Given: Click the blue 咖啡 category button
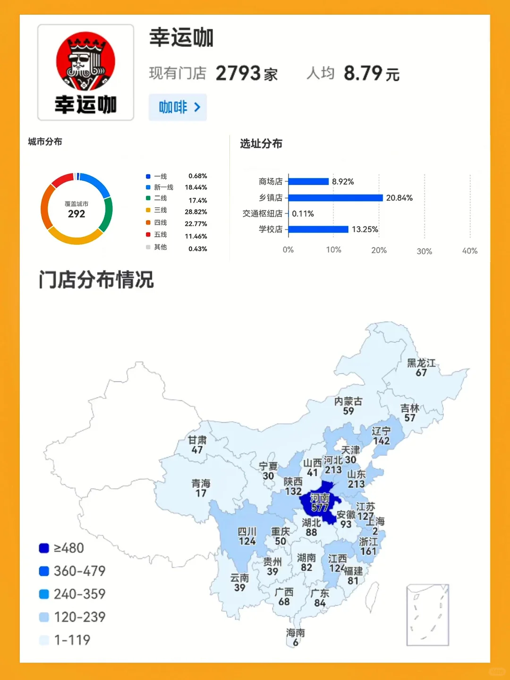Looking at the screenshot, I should [x=178, y=107].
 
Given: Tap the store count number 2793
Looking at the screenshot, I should [x=238, y=74].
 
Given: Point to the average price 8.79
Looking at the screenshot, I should [x=363, y=74].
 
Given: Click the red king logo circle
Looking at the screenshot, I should [x=85, y=61].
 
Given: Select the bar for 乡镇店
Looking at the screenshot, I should [x=335, y=198].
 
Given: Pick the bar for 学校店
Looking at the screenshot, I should [x=318, y=229].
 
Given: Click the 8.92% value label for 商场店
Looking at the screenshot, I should [x=343, y=182].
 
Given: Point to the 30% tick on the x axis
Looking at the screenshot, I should [x=424, y=251].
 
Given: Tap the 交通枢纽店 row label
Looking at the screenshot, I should [x=262, y=213].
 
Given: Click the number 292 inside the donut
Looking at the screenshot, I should [x=76, y=214].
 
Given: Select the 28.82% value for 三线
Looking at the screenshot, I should [x=195, y=212].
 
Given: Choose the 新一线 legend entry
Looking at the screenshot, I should [x=163, y=187].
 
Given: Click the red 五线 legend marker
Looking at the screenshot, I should [x=148, y=235].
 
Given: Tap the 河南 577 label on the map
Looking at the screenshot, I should [x=320, y=503].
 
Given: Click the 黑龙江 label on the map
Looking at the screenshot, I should [x=421, y=363].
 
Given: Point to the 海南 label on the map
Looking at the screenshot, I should [x=296, y=633].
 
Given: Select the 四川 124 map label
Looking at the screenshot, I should [x=247, y=536].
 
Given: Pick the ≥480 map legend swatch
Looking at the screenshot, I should [x=44, y=548].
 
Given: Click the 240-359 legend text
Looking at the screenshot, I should [x=79, y=594].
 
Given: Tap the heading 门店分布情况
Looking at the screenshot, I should [x=96, y=280].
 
